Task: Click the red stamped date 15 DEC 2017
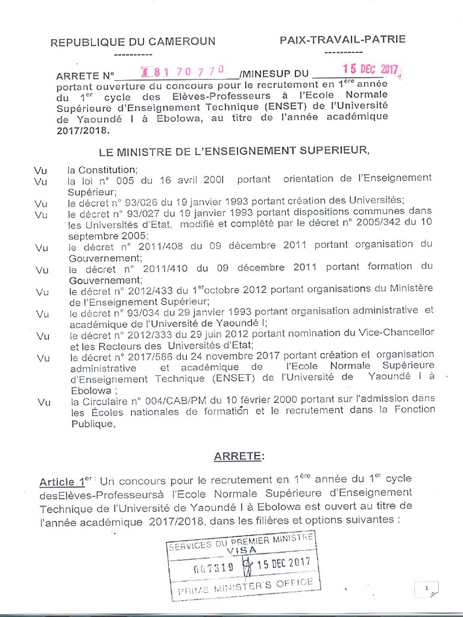point(371,70)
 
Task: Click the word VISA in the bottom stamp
point(241,550)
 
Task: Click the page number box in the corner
point(426,588)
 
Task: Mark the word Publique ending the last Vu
point(92,424)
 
